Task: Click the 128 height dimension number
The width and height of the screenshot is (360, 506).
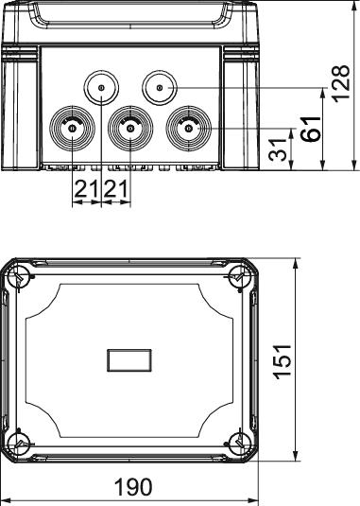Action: click(341, 84)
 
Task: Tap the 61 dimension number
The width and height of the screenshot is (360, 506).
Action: click(311, 129)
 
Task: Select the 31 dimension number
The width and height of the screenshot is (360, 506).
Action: click(278, 150)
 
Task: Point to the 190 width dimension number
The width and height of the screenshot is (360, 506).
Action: click(133, 487)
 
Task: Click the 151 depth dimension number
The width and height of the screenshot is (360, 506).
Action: click(283, 361)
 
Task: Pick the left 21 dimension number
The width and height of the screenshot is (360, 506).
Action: click(86, 189)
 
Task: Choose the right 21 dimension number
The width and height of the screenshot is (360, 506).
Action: click(116, 189)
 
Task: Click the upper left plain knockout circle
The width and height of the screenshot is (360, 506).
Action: click(101, 87)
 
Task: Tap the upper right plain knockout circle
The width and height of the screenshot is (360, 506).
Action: click(160, 87)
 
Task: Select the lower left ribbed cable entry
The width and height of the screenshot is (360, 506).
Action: click(72, 129)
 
